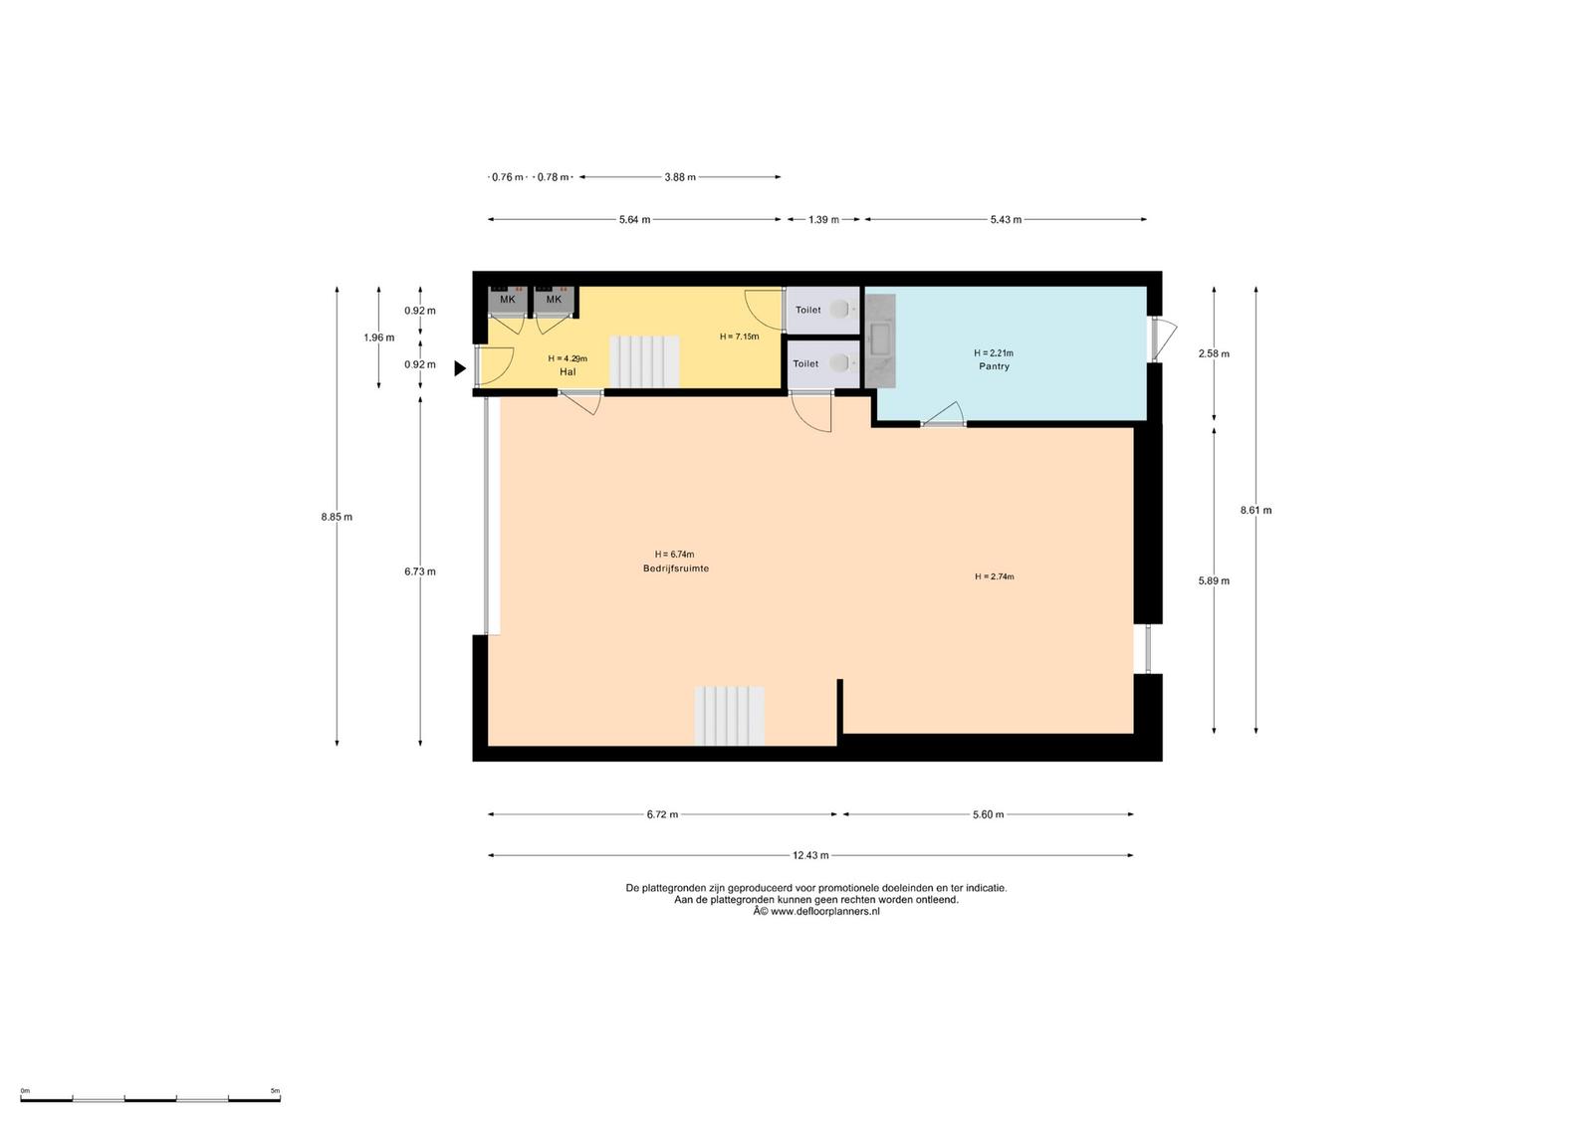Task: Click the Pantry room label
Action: (x=994, y=366)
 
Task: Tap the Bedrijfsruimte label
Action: (x=676, y=568)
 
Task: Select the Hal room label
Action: (x=568, y=372)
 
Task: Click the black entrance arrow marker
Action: (x=460, y=368)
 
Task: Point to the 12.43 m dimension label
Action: (x=810, y=855)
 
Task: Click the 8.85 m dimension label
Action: (x=337, y=517)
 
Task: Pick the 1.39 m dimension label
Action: (x=823, y=220)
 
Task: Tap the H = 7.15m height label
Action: (x=739, y=337)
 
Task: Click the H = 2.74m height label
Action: (x=995, y=576)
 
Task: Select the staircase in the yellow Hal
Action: (x=645, y=362)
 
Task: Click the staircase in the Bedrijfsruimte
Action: (x=730, y=716)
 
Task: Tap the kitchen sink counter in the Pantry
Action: (x=880, y=341)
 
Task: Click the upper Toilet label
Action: (x=807, y=310)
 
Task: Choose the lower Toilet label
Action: (x=805, y=364)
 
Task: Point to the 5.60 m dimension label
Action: (x=989, y=814)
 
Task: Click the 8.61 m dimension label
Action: (x=1255, y=510)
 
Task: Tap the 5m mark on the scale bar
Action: (x=275, y=1091)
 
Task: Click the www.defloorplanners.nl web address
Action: (x=825, y=912)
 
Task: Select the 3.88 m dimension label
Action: (x=680, y=177)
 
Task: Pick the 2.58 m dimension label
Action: (x=1214, y=353)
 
